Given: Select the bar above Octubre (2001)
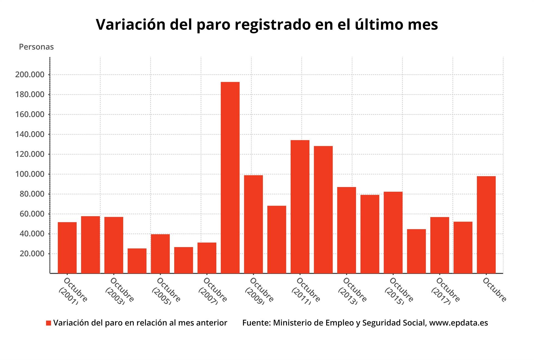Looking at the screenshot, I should point(67,248).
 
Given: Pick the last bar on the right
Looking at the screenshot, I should point(486,225).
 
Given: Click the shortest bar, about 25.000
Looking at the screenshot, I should point(137,261).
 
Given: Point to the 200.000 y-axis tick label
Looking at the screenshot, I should point(30,75).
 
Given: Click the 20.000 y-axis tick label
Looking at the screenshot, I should point(32,254).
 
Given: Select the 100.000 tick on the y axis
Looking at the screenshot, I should point(30,174).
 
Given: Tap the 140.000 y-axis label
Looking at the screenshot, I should point(30,134).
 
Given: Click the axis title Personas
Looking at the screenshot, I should point(36,47).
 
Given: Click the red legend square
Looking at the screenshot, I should point(49,323).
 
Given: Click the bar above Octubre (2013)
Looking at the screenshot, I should point(346,230).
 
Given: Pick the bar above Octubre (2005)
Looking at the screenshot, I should point(160,254).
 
